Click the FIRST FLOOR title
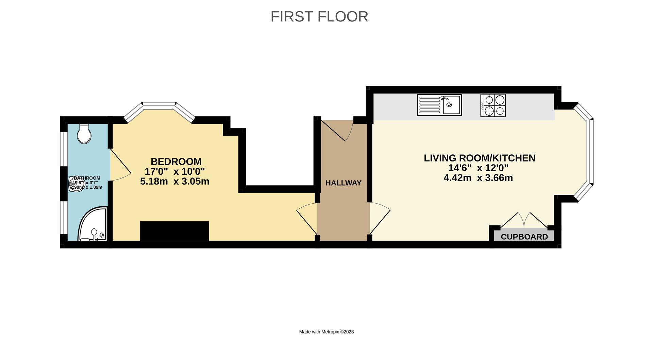coord(319,17)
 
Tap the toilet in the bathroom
coord(84,134)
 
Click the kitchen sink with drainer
coord(439,105)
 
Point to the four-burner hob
coord(493,105)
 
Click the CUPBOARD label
coord(524,237)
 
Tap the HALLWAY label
coord(343,183)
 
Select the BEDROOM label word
coord(176,161)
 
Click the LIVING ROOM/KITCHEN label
coord(479,158)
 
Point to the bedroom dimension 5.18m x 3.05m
coord(174,182)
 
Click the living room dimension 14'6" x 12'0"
coord(478,168)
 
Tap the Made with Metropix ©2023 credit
coord(326,332)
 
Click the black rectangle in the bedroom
coord(174,231)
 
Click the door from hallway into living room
coord(379,219)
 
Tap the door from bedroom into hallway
coord(307,219)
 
